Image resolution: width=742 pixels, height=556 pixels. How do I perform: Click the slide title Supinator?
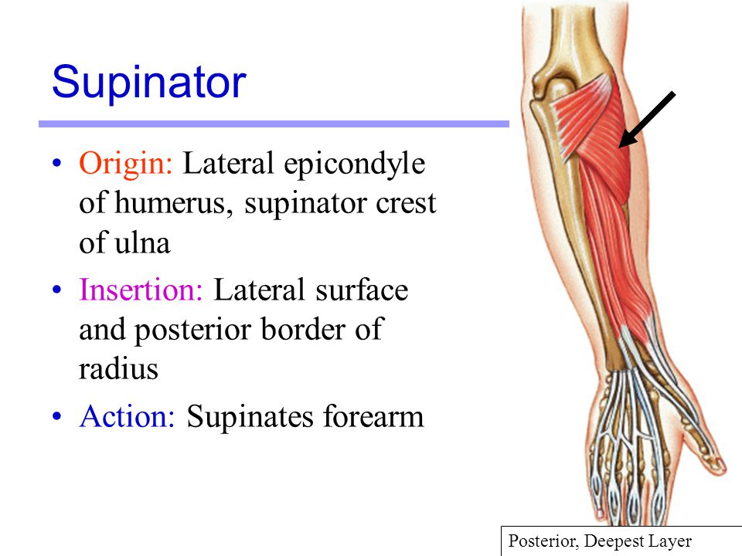pyautogui.click(x=148, y=82)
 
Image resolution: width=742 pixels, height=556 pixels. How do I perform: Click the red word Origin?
pyautogui.click(x=127, y=164)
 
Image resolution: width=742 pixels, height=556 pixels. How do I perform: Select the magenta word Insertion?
pyautogui.click(x=140, y=291)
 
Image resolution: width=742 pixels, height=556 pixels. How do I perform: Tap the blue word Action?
pyautogui.click(x=128, y=417)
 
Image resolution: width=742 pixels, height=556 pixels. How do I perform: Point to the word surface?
pyautogui.click(x=362, y=291)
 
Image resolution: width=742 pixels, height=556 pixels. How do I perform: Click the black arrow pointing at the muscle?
pyautogui.click(x=647, y=119)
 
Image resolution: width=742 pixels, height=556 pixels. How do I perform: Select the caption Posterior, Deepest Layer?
pyautogui.click(x=600, y=541)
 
